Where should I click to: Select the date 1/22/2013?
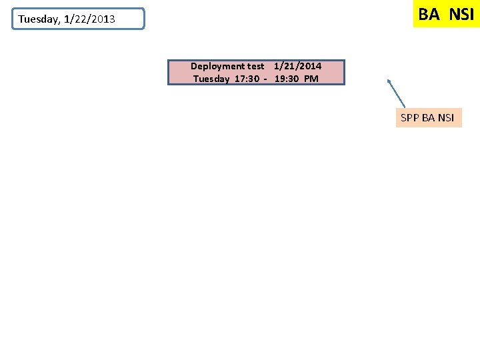pyautogui.click(x=89, y=19)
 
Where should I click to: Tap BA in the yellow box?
pyautogui.click(x=429, y=14)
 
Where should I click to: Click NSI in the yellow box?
pyautogui.click(x=461, y=14)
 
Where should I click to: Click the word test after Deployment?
pyautogui.click(x=256, y=66)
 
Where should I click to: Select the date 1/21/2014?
pyautogui.click(x=297, y=66)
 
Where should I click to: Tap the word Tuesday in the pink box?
pyautogui.click(x=211, y=79)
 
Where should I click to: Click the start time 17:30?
pyautogui.click(x=247, y=79)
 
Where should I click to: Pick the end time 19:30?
pyautogui.click(x=287, y=79)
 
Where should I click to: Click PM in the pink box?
pyautogui.click(x=311, y=79)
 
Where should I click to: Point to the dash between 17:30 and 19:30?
pyautogui.click(x=265, y=79)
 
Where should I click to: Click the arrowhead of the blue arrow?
pyautogui.click(x=389, y=82)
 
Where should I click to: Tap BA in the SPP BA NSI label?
pyautogui.click(x=429, y=118)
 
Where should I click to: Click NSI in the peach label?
pyautogui.click(x=446, y=118)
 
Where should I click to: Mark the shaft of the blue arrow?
pyautogui.click(x=397, y=95)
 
